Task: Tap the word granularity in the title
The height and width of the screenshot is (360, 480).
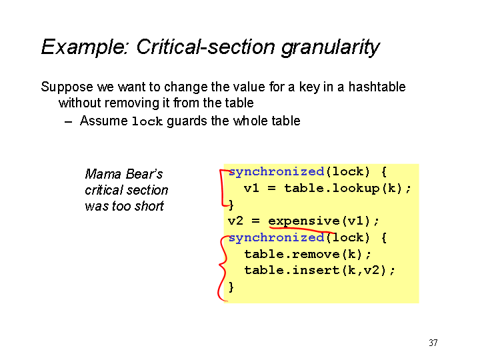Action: (331, 48)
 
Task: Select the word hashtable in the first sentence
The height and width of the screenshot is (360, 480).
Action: (377, 87)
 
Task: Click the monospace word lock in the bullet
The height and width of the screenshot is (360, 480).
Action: (147, 121)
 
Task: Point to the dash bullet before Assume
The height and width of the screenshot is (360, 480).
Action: (69, 122)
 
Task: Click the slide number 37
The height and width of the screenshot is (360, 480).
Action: (433, 343)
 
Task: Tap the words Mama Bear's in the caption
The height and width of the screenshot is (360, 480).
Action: (124, 174)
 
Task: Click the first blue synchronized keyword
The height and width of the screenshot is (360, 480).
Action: (277, 171)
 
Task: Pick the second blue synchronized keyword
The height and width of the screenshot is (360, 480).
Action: (277, 237)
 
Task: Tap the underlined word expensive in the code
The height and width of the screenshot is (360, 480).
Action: (304, 221)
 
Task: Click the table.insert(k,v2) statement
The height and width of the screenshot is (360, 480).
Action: (320, 270)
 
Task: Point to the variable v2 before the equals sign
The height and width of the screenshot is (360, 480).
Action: (235, 221)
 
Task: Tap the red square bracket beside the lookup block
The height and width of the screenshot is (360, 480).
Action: (221, 187)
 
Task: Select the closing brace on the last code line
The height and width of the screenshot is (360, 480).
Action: (231, 287)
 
